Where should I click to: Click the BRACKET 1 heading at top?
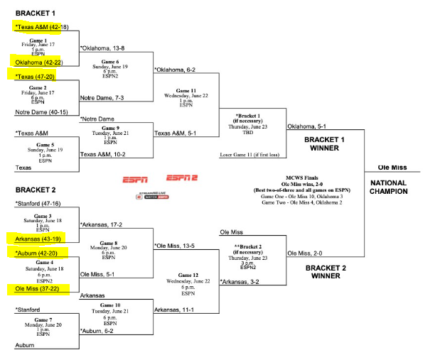tap(35, 13)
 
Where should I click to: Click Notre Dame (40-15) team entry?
tap(42, 111)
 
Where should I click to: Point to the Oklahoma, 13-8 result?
tap(104, 48)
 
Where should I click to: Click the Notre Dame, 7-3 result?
tap(102, 97)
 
